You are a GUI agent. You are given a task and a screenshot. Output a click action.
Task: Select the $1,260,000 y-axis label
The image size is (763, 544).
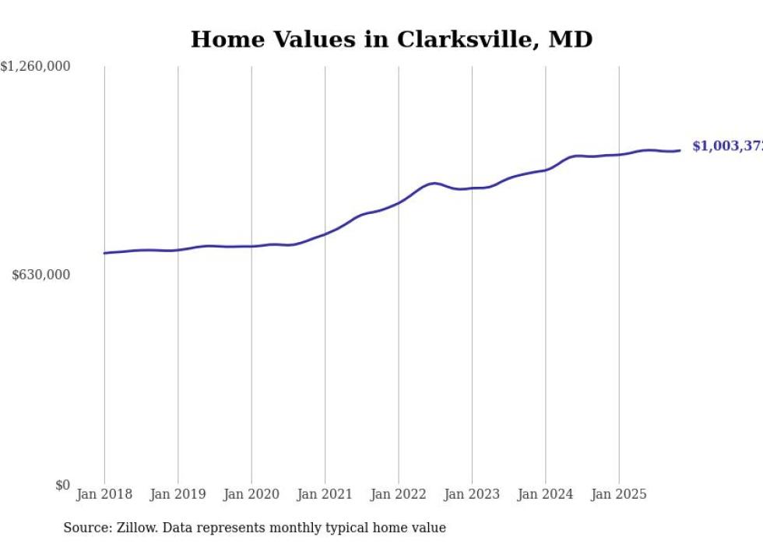click(x=35, y=67)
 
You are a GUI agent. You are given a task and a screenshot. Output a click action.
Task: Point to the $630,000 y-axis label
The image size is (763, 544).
click(x=41, y=275)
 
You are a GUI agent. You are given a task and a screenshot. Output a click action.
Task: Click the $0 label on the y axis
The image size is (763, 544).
click(x=62, y=485)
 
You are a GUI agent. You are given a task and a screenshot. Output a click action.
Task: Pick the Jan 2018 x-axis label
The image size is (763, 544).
click(x=104, y=494)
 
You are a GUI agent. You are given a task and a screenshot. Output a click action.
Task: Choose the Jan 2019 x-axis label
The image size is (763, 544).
click(x=178, y=494)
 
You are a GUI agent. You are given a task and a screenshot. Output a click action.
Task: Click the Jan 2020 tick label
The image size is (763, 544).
click(x=251, y=494)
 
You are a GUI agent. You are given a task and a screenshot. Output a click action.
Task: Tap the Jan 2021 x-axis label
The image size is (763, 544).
click(x=325, y=494)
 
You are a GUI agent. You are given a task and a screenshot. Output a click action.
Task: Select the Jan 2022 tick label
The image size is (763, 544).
click(x=399, y=494)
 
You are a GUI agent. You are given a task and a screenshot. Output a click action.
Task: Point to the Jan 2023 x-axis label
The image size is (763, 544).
click(x=472, y=494)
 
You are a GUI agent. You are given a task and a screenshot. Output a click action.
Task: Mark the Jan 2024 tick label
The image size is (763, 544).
click(x=546, y=494)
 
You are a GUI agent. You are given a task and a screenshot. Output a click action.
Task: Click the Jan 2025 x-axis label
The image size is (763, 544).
click(x=619, y=494)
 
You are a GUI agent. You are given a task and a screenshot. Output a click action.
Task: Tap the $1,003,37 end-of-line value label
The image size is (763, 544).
click(x=726, y=146)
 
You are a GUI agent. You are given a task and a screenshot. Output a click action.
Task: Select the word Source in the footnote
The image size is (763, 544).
click(x=85, y=528)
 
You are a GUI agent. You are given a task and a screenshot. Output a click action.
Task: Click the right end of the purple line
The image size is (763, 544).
click(x=680, y=150)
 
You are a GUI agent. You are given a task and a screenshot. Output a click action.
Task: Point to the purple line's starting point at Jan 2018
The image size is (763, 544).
click(x=104, y=253)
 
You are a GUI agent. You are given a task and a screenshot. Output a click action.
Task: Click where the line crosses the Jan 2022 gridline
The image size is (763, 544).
click(x=399, y=202)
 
